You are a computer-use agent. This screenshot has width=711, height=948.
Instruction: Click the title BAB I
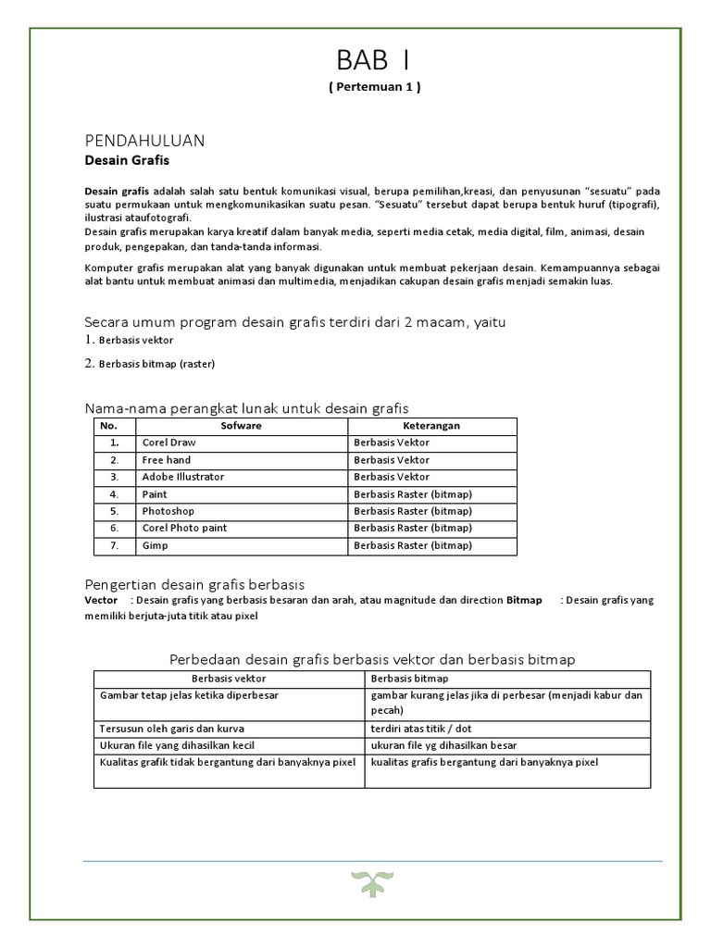click(x=374, y=61)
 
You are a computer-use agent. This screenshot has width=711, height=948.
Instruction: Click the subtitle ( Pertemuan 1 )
click(x=374, y=87)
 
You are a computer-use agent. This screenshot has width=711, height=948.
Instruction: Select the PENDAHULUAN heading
click(x=143, y=140)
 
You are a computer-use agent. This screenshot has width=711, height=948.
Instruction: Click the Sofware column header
click(x=241, y=426)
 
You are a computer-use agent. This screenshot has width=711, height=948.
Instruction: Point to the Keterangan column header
click(x=431, y=426)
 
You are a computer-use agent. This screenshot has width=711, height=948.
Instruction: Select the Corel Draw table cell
click(x=168, y=443)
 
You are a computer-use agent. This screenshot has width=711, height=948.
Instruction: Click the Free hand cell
click(x=167, y=460)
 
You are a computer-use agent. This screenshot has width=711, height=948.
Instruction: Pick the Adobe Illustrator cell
click(x=182, y=477)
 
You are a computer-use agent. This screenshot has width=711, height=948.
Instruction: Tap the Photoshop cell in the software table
click(x=168, y=511)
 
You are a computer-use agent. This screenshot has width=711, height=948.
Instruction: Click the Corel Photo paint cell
click(x=184, y=528)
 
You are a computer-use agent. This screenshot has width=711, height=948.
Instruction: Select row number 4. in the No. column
click(x=114, y=494)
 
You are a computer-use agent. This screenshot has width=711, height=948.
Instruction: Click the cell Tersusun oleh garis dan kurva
click(x=167, y=729)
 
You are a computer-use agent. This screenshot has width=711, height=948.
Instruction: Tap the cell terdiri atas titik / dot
click(x=420, y=729)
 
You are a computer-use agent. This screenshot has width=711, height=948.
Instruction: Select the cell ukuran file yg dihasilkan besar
click(x=443, y=745)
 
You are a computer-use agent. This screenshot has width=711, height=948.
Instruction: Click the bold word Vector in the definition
click(x=101, y=600)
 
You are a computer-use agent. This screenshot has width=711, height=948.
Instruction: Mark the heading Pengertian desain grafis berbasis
click(x=194, y=584)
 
